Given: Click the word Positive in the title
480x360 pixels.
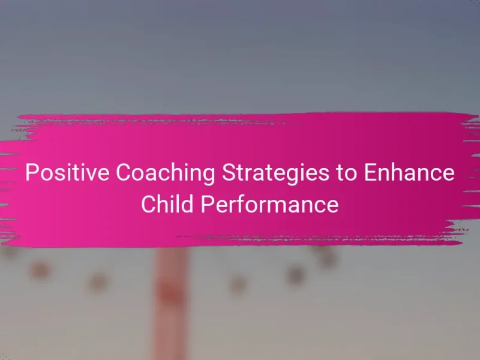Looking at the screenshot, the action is pyautogui.click(x=67, y=172).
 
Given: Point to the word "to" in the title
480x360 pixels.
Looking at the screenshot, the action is pyautogui.click(x=346, y=173).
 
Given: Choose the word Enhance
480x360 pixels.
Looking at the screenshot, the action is pyautogui.click(x=409, y=172).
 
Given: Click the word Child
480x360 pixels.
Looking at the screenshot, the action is pyautogui.click(x=167, y=204).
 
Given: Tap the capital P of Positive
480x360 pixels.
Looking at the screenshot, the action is pyautogui.click(x=31, y=172).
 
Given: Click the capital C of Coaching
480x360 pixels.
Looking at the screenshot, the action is pyautogui.click(x=122, y=172).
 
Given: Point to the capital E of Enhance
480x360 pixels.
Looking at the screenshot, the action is pyautogui.click(x=370, y=172).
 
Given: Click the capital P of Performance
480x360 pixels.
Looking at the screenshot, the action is pyautogui.click(x=206, y=204).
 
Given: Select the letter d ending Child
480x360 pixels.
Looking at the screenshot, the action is pyautogui.click(x=187, y=204).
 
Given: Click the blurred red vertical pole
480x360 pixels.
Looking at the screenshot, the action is pyautogui.click(x=170, y=304).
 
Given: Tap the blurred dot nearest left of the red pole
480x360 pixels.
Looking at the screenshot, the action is pyautogui.click(x=98, y=282).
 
